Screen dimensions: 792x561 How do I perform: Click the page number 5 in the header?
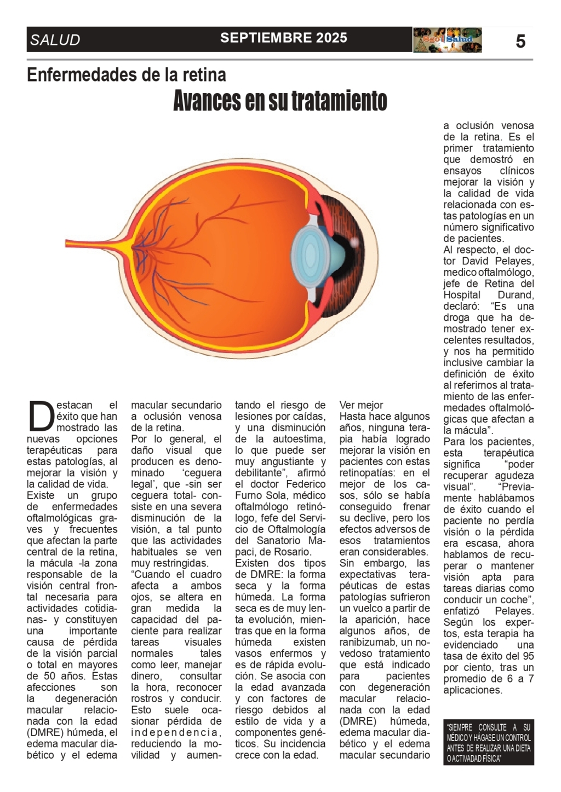click(520, 41)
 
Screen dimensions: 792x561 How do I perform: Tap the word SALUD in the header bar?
click(55, 40)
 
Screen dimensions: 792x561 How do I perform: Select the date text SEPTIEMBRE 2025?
click(283, 38)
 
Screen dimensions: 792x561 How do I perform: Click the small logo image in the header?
click(447, 40)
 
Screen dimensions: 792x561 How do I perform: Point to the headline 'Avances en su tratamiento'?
click(280, 101)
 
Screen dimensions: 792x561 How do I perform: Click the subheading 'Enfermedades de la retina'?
click(126, 74)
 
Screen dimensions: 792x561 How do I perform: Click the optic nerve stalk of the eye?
click(93, 245)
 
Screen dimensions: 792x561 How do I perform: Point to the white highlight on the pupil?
click(354, 241)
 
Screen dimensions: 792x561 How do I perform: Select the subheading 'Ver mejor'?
click(361, 405)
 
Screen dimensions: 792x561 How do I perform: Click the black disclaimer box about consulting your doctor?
click(488, 743)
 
